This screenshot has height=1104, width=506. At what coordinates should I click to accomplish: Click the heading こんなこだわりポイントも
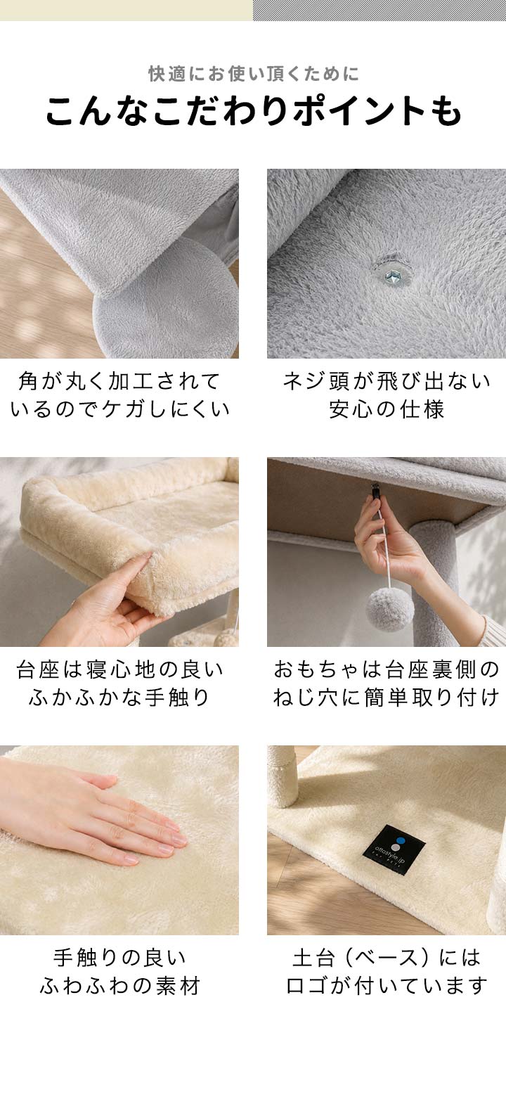click(253, 111)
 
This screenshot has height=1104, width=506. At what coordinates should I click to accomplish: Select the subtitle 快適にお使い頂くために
click(254, 74)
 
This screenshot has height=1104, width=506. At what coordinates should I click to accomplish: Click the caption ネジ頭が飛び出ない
click(387, 381)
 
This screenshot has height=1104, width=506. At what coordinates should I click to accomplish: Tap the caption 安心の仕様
click(387, 409)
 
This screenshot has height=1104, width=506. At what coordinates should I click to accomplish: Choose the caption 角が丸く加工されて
click(119, 381)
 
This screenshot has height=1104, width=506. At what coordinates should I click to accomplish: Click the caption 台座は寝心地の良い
click(119, 669)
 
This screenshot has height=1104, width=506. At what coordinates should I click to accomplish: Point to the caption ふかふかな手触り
click(119, 698)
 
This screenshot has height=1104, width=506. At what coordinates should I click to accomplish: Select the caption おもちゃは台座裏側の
click(387, 669)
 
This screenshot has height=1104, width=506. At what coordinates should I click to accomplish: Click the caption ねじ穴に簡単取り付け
click(387, 698)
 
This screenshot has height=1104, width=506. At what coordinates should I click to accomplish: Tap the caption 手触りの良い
click(119, 958)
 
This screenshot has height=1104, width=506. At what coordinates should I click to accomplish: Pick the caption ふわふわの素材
click(119, 986)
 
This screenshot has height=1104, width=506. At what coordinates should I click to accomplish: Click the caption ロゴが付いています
click(387, 986)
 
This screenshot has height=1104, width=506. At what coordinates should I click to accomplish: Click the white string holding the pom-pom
click(384, 546)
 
